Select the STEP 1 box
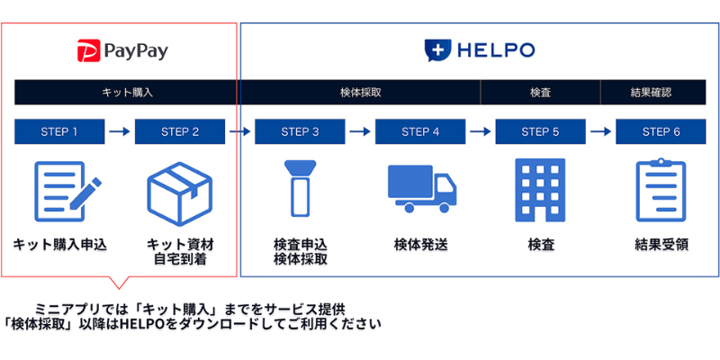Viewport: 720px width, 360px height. tap(59, 132)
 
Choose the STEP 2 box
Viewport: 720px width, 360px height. tap(180, 132)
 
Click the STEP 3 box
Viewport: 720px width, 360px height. tap(301, 132)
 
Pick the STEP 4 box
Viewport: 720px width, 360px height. tap(420, 132)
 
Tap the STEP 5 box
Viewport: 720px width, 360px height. tap(541, 132)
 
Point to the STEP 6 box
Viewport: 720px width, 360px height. tap(661, 132)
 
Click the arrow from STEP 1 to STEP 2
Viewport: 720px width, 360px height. tap(120, 132)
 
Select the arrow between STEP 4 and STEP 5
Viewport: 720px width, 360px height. tap(481, 132)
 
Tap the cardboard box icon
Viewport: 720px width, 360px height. tap(179, 191)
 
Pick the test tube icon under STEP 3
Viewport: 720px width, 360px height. tap(300, 191)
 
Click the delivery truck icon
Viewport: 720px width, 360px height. tap(420, 189)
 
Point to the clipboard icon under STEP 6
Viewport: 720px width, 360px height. tap(661, 191)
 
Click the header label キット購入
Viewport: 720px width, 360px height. tap(127, 93)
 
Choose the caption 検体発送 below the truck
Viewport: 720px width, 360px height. tap(420, 244)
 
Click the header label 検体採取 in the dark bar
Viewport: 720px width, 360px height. tap(360, 93)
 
